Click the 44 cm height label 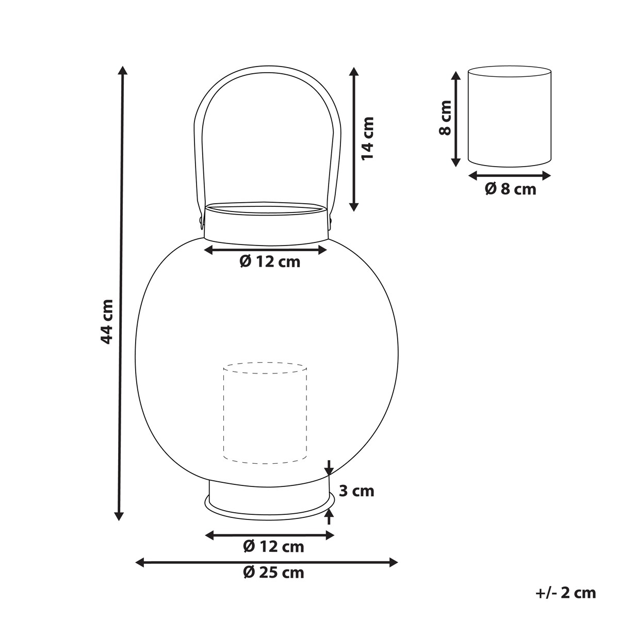coord(107,321)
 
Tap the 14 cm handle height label coord(368,138)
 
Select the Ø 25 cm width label coord(273,582)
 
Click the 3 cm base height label coord(356,500)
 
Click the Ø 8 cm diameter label coord(511,189)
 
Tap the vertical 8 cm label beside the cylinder coord(446,118)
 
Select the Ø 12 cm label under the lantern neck coord(270,262)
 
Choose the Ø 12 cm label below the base coord(273,547)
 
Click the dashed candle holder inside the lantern coord(265,418)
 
